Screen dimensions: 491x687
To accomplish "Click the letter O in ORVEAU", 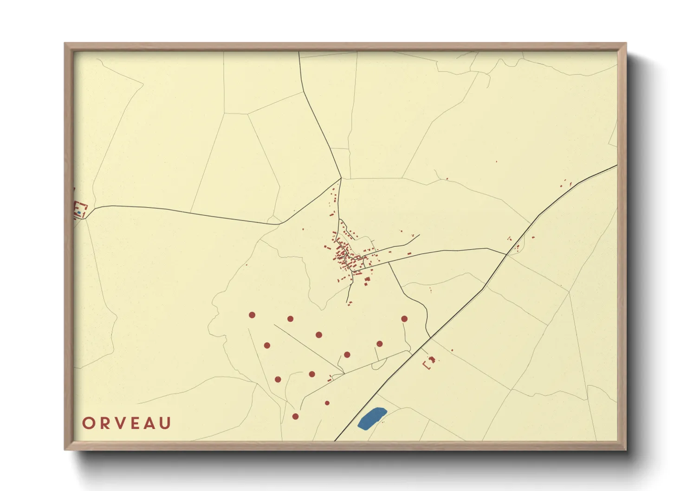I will [x=88, y=423].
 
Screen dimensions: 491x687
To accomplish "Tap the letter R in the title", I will [x=105, y=423].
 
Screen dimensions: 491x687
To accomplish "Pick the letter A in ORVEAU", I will [x=149, y=423].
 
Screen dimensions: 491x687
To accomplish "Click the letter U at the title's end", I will [x=165, y=423].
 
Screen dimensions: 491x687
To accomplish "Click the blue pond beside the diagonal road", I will [x=372, y=418].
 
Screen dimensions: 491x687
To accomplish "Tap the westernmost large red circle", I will [x=252, y=315].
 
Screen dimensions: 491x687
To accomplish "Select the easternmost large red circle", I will [x=404, y=319].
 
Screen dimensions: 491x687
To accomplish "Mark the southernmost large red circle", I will [x=295, y=416].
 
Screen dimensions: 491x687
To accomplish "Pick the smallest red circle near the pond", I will [x=327, y=403].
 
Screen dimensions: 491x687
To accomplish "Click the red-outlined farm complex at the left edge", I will [x=80, y=209].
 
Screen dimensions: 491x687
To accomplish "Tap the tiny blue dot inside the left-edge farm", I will [x=79, y=213].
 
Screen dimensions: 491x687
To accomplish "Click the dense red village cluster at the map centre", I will [x=346, y=255].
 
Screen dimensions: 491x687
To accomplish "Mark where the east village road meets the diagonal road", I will [x=506, y=254].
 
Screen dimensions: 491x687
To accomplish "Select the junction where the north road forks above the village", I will [x=341, y=178].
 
